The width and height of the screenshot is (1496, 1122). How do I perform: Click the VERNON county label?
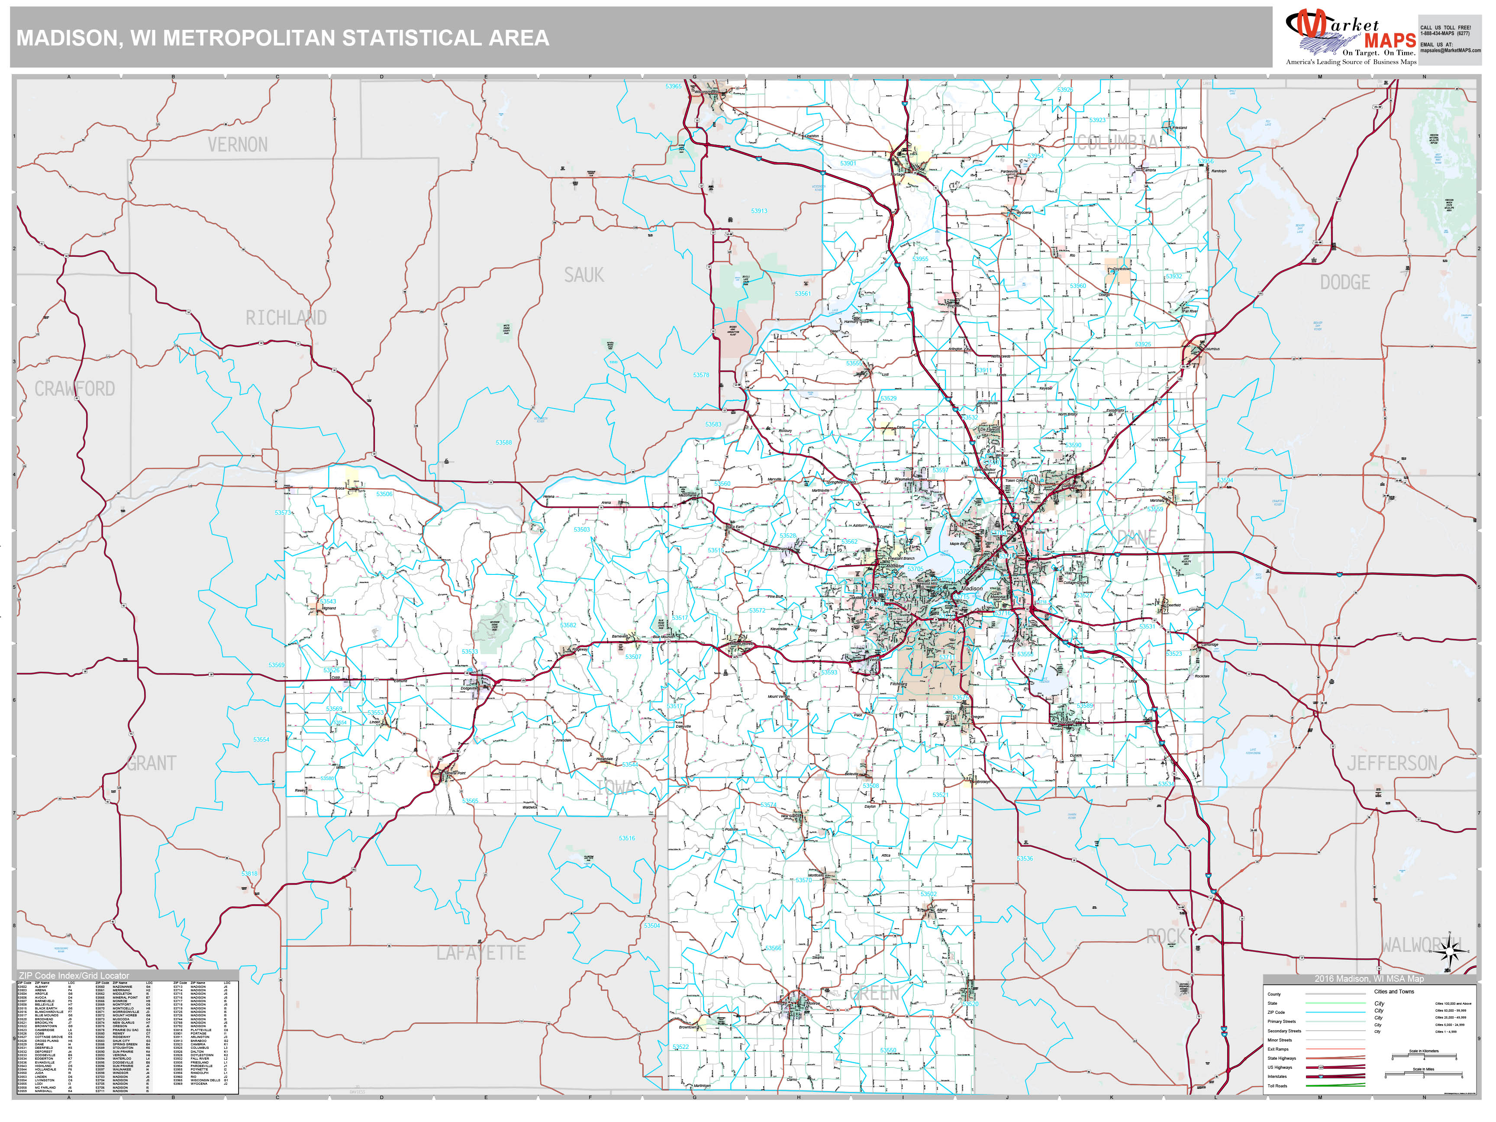[237, 145]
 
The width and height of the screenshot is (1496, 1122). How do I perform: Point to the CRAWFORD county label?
[74, 389]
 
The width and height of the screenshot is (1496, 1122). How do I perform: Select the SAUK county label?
[584, 275]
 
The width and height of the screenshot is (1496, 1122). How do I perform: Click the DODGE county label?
[1344, 283]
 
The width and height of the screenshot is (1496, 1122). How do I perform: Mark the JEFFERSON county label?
[1391, 764]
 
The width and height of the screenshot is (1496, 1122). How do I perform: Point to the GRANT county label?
[152, 764]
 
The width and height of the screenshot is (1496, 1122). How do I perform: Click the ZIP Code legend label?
[1276, 1012]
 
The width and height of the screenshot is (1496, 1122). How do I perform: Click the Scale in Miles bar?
[1422, 1075]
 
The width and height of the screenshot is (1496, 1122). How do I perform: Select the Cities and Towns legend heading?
[1393, 991]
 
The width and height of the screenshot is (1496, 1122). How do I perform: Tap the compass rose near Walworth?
[1449, 952]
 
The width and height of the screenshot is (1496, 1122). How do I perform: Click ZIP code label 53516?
[626, 838]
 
